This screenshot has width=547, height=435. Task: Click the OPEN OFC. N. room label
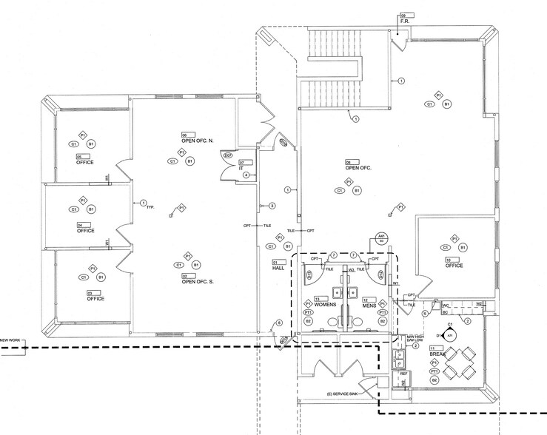pyautogui.click(x=196, y=140)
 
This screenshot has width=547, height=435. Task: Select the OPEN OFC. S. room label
pyautogui.click(x=195, y=280)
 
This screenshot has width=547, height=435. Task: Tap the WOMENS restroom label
pyautogui.click(x=326, y=305)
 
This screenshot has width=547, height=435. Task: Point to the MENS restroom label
pyautogui.click(x=369, y=305)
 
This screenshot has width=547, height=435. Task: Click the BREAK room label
pyautogui.click(x=438, y=354)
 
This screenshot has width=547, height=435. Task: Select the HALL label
pyautogui.click(x=278, y=269)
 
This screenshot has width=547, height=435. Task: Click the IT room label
pyautogui.click(x=241, y=168)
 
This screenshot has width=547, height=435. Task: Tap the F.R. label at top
pyautogui.click(x=405, y=20)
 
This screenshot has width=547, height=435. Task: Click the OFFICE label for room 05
pyautogui.click(x=85, y=162)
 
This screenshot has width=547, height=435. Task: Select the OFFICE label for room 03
pyautogui.click(x=95, y=299)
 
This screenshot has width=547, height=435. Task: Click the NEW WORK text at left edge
pyautogui.click(x=13, y=340)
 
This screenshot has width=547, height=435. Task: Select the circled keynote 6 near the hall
pyautogui.click(x=280, y=323)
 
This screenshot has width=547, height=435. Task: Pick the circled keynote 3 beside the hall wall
pyautogui.click(x=272, y=206)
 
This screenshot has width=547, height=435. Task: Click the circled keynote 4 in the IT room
pyautogui.click(x=246, y=175)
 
